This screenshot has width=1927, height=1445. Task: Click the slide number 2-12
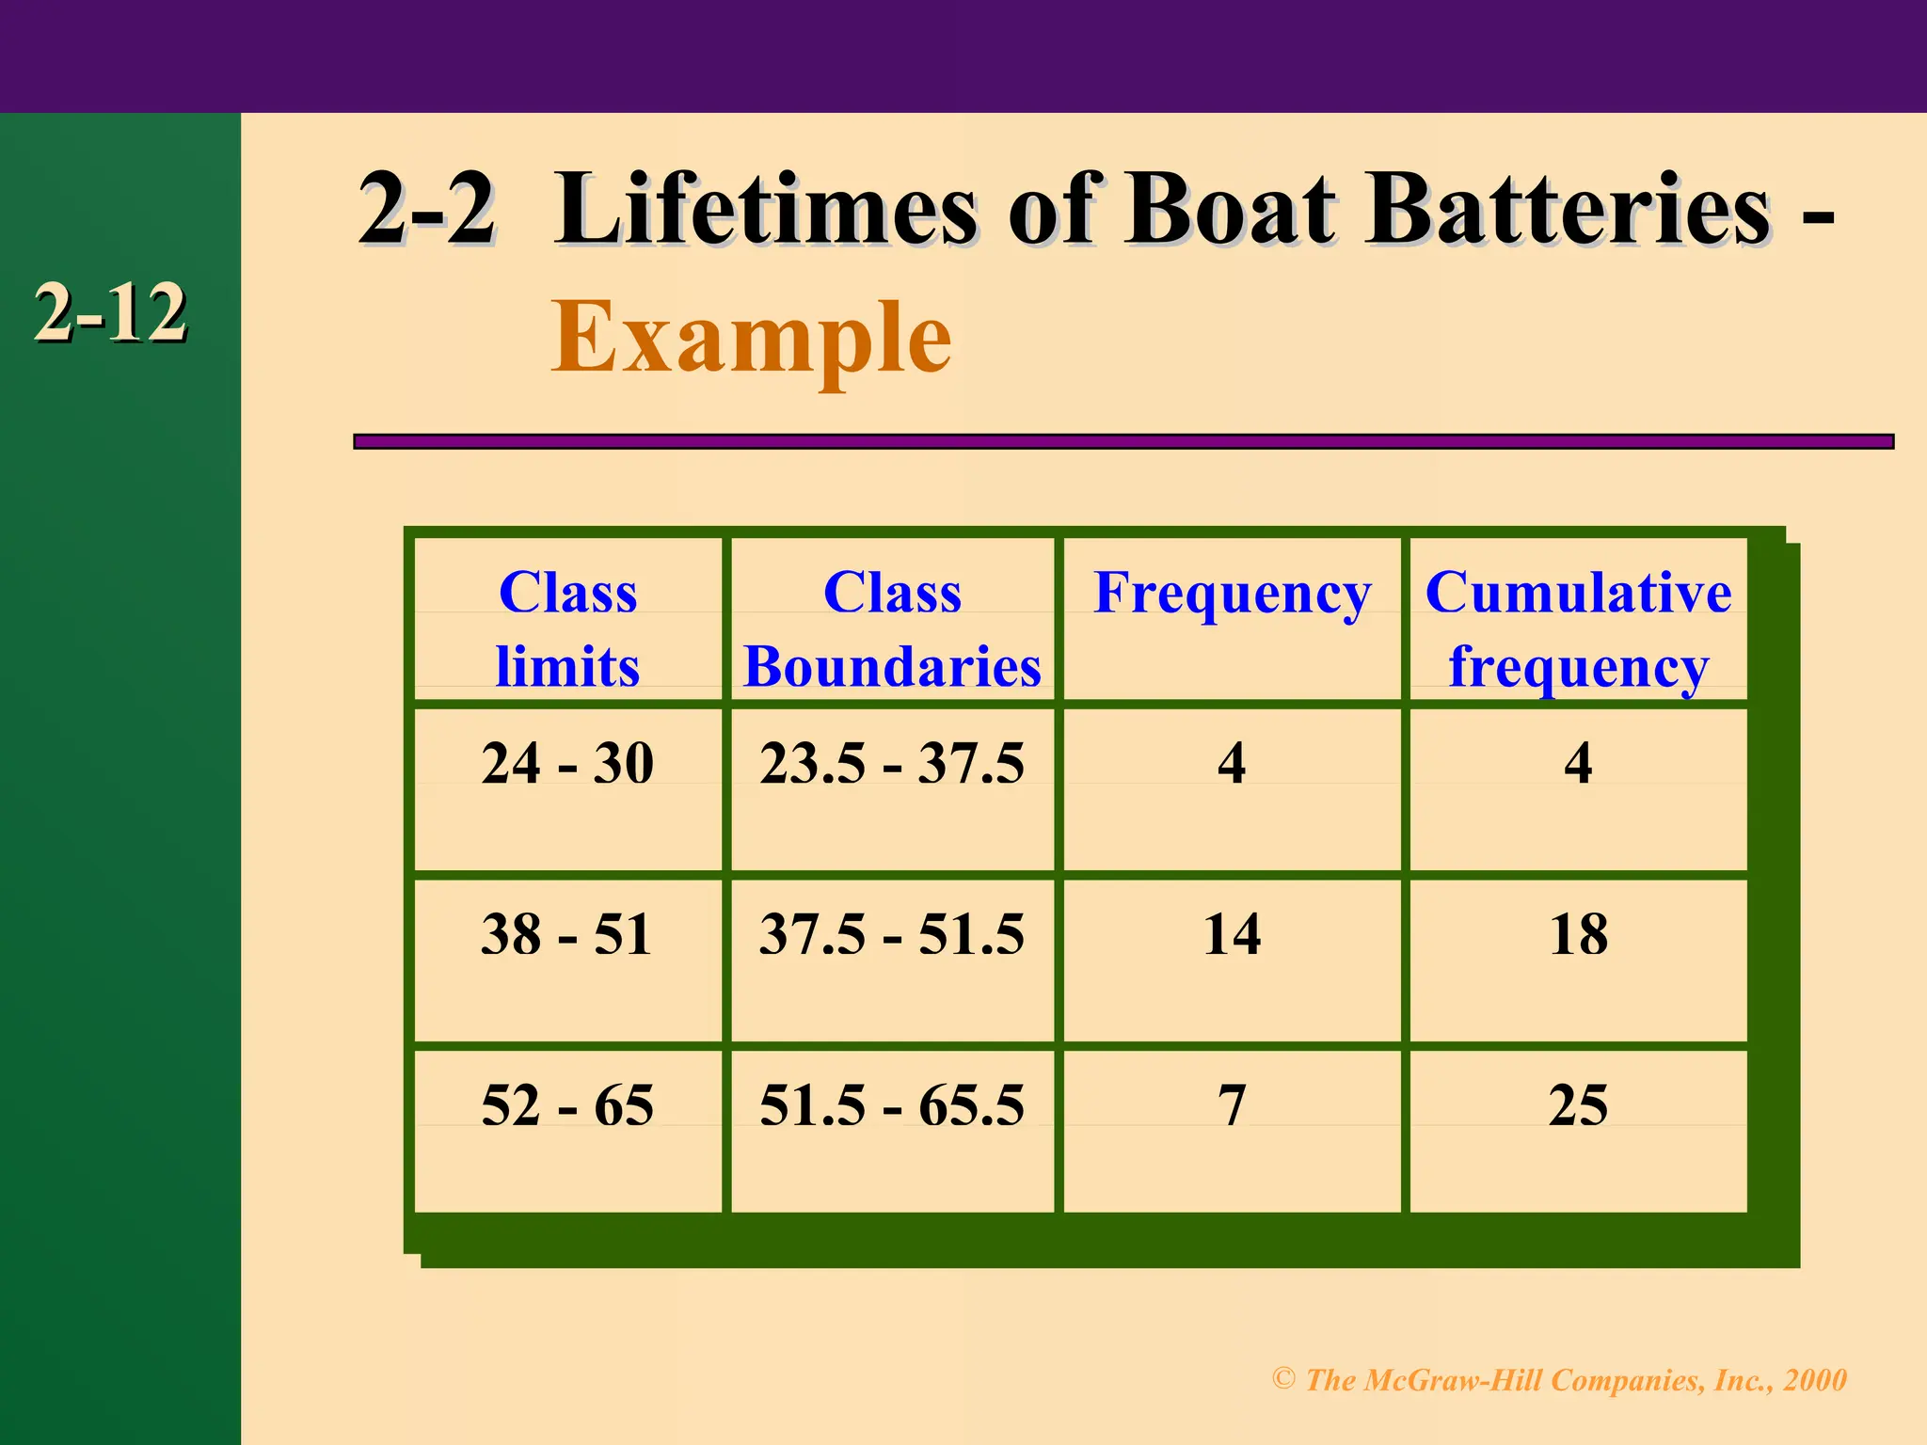(110, 313)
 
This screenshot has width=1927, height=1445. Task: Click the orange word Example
(751, 337)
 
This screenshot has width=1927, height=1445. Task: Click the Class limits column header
(567, 628)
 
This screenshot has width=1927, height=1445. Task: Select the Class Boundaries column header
(892, 628)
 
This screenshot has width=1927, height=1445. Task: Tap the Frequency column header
(1232, 594)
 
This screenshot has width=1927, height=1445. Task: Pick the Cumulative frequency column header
(1578, 628)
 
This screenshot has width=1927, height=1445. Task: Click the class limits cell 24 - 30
(567, 763)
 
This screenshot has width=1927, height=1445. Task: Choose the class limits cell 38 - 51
(567, 934)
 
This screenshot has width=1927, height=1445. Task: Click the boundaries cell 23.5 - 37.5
(892, 763)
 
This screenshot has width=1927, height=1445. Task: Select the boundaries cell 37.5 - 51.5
(892, 934)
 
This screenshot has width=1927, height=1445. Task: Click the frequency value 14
(1232, 934)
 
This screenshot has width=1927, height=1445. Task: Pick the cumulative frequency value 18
(1578, 934)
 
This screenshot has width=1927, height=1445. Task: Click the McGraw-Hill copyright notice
(1559, 1379)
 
